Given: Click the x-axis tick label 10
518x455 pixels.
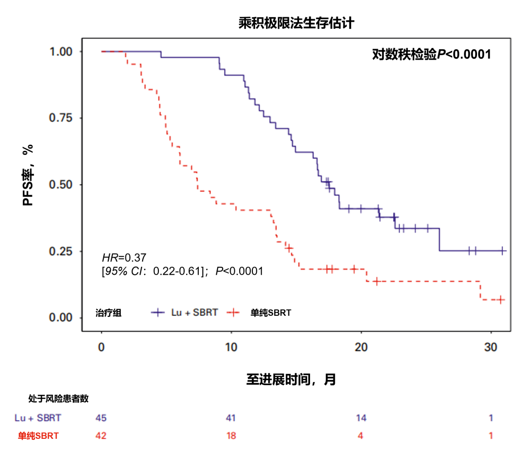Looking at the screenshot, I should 231,348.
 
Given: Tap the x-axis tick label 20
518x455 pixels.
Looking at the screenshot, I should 361,348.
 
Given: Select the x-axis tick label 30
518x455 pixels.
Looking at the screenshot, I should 491,348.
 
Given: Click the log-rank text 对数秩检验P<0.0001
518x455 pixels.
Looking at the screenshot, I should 431,54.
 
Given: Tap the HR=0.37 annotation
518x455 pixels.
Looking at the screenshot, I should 124,258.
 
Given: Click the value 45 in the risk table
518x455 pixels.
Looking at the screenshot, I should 101,418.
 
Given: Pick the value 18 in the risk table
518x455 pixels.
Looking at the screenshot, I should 231,436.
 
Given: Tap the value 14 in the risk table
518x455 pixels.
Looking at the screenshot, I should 361,418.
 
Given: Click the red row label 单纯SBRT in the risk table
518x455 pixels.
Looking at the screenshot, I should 38,436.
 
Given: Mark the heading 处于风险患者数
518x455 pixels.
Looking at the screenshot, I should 58,399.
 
